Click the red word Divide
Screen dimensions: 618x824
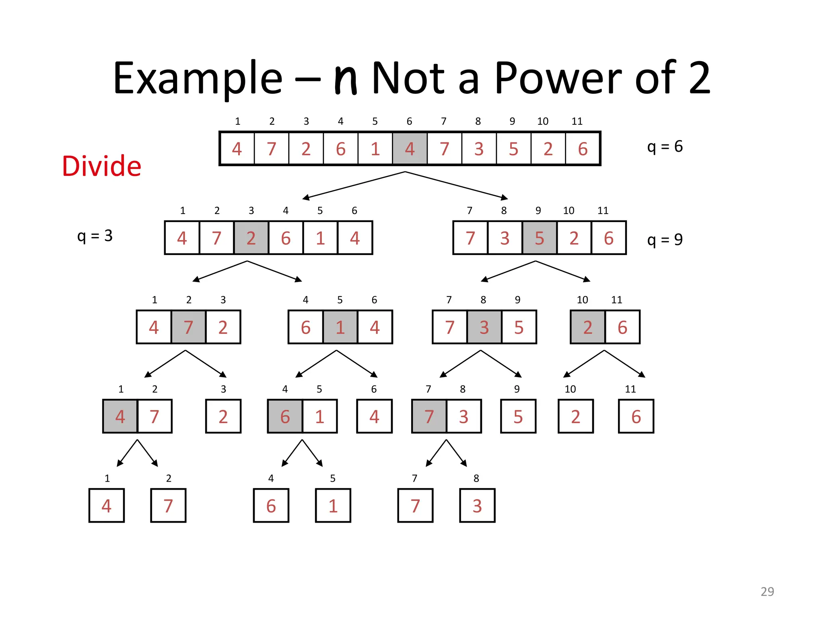pos(101,166)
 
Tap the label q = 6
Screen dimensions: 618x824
pos(665,146)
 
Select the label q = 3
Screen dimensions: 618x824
pos(95,236)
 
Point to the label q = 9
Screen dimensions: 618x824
pos(665,240)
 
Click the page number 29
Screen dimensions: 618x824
pos(767,591)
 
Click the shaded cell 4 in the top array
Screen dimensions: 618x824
pos(410,149)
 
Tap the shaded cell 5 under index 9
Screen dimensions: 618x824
pos(539,238)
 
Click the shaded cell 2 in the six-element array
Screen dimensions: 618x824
pos(251,238)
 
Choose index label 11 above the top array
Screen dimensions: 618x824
pos(577,122)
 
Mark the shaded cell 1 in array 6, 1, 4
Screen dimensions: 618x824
pos(340,327)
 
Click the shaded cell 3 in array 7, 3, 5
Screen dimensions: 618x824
pos(484,327)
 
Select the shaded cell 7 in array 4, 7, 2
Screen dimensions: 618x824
pos(188,327)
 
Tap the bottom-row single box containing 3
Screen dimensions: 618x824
pos(477,506)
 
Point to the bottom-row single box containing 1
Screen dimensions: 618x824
pos(333,506)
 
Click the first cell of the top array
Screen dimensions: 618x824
pos(237,149)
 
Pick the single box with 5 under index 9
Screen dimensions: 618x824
pos(518,416)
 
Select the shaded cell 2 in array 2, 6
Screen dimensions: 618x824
pos(587,327)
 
